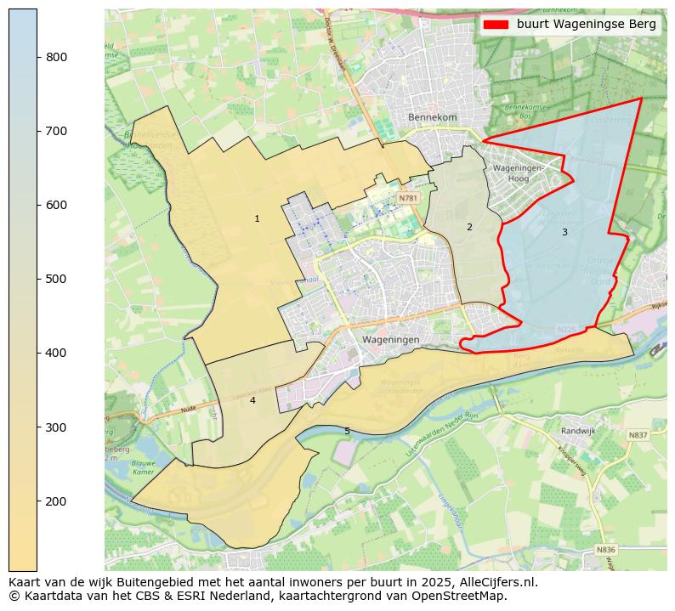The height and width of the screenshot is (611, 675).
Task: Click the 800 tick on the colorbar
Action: [x=37, y=57]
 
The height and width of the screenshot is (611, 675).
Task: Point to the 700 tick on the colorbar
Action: [x=37, y=131]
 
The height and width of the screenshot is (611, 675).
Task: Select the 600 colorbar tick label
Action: [x=57, y=205]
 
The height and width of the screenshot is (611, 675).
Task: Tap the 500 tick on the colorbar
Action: [x=37, y=279]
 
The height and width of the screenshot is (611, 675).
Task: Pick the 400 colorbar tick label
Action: [x=57, y=353]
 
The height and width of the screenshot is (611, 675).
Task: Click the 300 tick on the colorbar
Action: [x=37, y=427]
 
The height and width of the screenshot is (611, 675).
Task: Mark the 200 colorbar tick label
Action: [x=57, y=501]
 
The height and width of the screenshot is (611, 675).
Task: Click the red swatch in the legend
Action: [x=496, y=25]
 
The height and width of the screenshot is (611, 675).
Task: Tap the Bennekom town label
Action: [x=432, y=117]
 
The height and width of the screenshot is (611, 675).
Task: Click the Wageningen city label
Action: [x=391, y=339]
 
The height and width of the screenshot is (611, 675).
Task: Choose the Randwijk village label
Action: [x=578, y=431]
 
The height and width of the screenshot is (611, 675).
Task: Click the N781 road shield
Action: [x=408, y=198]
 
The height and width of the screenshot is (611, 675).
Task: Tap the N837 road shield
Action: [x=638, y=435]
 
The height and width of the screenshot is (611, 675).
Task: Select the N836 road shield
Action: [x=605, y=550]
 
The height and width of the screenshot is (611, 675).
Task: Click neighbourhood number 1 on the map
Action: [x=257, y=219]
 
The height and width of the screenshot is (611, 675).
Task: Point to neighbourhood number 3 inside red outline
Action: [x=564, y=232]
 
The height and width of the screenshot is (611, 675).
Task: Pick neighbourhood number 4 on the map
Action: [x=252, y=400]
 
